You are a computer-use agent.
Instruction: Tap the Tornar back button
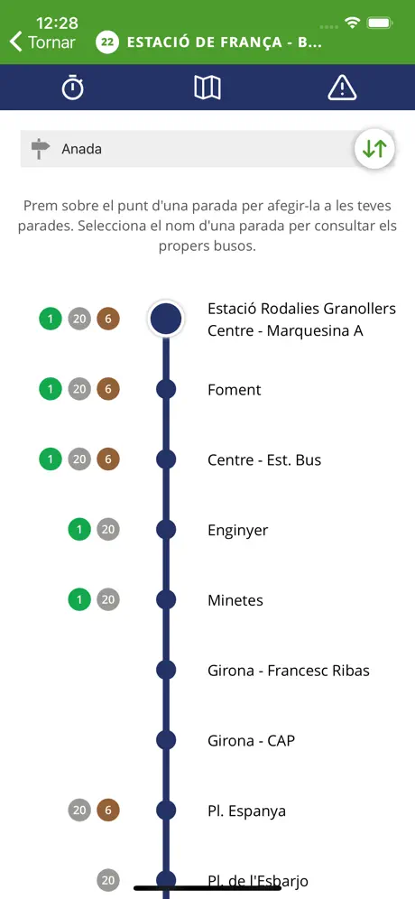(x=43, y=42)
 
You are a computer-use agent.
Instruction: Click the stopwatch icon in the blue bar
(x=73, y=88)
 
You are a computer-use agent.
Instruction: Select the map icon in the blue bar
(x=207, y=88)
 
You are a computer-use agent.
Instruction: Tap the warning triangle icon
(x=342, y=88)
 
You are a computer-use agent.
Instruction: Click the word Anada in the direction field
(x=82, y=149)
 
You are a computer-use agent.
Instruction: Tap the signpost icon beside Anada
(x=40, y=149)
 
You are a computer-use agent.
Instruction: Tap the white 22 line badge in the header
(x=107, y=42)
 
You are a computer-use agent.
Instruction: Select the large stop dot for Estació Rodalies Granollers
(x=166, y=319)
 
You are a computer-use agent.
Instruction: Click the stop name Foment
(x=234, y=390)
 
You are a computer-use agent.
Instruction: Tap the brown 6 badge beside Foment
(x=107, y=389)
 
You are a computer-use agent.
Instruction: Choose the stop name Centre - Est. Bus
(x=264, y=459)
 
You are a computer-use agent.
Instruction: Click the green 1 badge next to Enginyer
(x=79, y=530)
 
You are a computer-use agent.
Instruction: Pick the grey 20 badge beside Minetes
(x=107, y=599)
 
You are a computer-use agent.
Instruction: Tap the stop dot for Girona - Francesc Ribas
(x=166, y=670)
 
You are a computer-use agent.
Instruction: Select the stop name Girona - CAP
(x=251, y=741)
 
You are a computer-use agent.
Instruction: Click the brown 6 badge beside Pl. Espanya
(x=107, y=811)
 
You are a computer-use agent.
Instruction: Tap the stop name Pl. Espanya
(x=246, y=811)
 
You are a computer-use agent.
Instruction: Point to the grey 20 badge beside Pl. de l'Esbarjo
(x=107, y=880)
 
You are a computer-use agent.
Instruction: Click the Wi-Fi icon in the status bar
(x=352, y=23)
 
